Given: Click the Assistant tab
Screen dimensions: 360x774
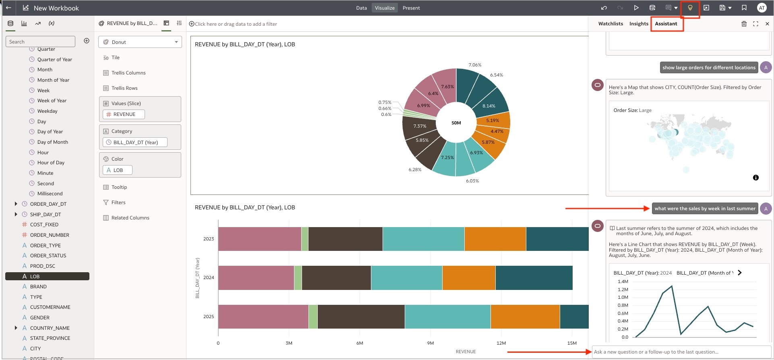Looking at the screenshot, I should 666,24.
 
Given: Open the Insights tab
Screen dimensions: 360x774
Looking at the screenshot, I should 639,24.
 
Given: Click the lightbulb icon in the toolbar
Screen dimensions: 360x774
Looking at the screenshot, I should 690,8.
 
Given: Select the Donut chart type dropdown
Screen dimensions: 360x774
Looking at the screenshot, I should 140,42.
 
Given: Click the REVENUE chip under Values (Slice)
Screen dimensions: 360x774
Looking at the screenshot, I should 124,114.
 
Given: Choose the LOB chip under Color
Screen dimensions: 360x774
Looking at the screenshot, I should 118,170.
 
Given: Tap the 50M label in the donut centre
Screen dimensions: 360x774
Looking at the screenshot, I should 456,123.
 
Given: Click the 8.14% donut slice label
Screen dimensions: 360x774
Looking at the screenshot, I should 488,106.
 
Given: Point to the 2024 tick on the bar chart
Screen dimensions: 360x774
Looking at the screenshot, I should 209,277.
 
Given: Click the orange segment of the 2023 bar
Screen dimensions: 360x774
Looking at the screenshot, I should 495,239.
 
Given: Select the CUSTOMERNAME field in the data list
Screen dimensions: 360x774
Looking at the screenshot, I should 50,307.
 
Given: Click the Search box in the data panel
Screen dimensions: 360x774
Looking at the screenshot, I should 40,41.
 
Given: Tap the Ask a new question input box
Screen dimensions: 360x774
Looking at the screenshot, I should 681,352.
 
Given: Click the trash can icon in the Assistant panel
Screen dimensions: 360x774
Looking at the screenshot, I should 744,24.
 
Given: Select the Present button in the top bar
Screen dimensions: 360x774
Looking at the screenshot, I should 411,8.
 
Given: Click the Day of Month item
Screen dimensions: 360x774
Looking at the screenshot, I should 52,142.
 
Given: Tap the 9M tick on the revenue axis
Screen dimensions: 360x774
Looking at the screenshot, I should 430,343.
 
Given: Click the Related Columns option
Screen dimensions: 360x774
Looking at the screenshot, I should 130,218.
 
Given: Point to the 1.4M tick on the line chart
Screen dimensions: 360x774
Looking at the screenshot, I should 623,281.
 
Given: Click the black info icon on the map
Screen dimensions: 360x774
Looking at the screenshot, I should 755,178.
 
